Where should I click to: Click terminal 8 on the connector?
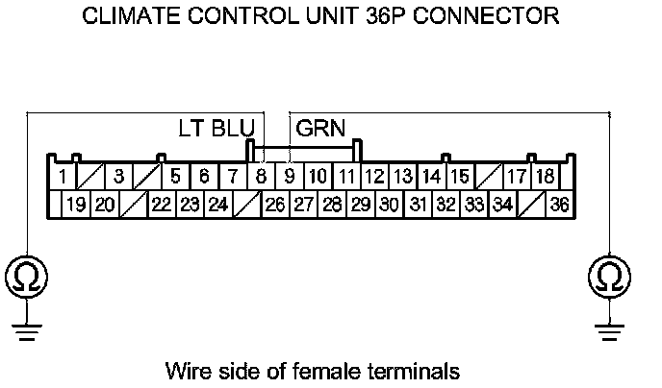261,177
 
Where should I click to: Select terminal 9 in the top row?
289,177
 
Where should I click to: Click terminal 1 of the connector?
62,177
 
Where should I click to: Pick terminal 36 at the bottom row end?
560,205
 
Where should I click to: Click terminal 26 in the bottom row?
275,205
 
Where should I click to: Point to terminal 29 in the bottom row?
361,205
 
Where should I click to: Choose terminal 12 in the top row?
375,177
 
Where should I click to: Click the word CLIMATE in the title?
126,16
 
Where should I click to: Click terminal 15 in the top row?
460,177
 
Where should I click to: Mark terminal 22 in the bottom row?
162,205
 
